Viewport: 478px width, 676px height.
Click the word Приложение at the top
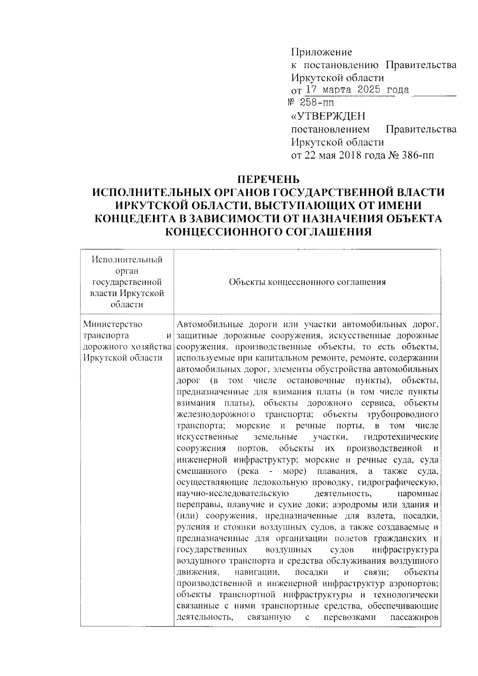click(x=322, y=52)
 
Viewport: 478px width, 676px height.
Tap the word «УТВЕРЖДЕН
click(x=328, y=116)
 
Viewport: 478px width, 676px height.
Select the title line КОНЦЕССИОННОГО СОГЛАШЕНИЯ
click(x=268, y=231)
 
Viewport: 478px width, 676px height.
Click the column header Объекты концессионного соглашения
click(x=307, y=282)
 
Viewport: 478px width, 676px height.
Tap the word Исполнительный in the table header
click(x=127, y=260)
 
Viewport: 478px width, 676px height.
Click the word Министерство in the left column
click(x=113, y=324)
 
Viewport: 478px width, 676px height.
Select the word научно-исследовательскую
click(x=232, y=494)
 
